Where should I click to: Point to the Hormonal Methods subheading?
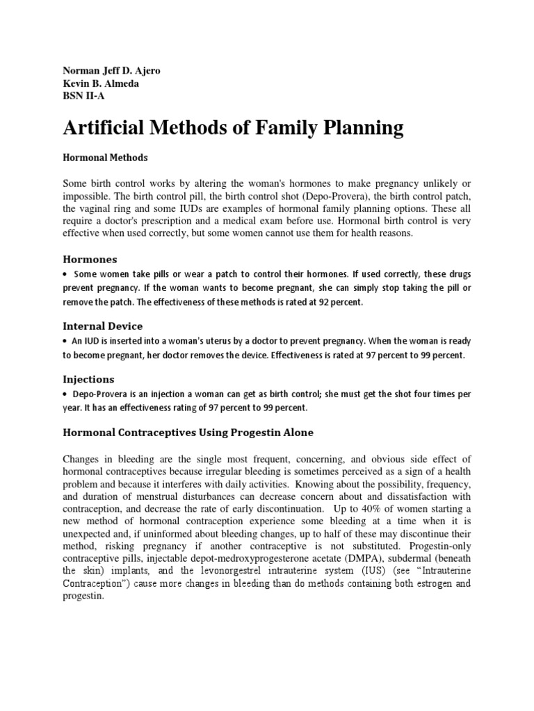105,158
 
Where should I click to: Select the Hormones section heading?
90,258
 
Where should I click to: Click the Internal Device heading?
103,325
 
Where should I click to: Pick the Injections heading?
88,379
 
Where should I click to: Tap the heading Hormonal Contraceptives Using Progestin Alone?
188,433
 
